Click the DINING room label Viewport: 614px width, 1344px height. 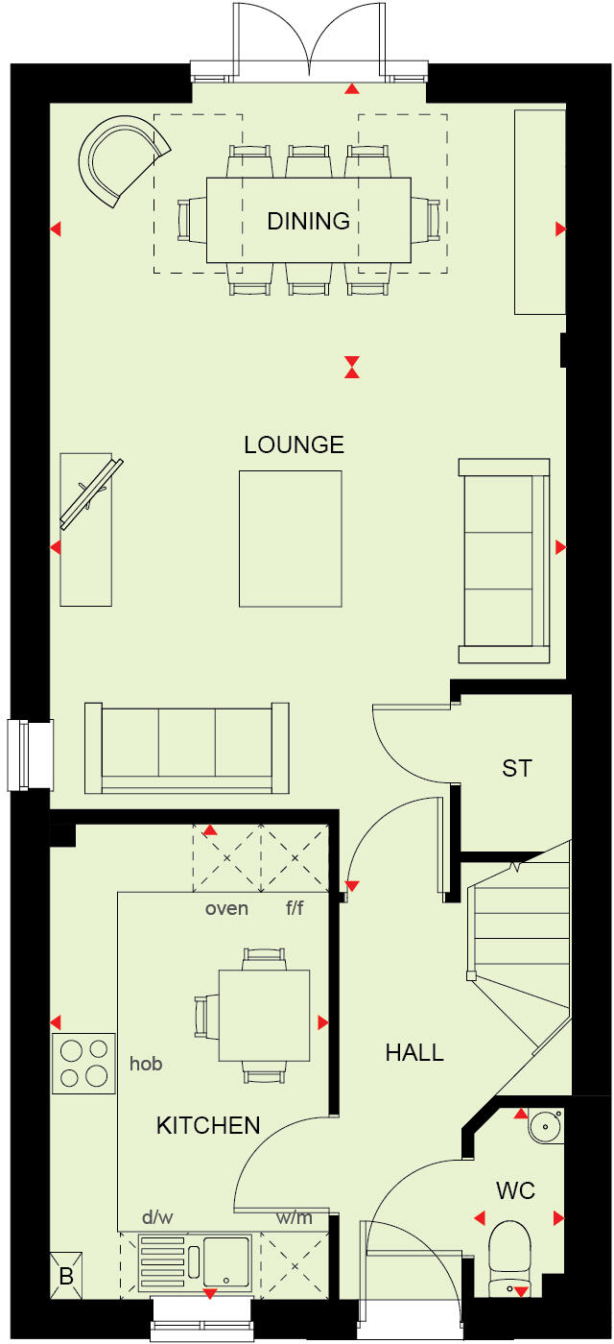[x=308, y=222]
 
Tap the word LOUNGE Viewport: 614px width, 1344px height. [x=294, y=444]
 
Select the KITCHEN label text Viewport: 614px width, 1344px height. [x=208, y=1125]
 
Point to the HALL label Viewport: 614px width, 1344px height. [x=414, y=1052]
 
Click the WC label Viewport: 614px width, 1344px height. [x=515, y=1191]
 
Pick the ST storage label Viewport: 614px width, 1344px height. [x=516, y=768]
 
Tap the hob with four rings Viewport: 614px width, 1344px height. [x=83, y=1063]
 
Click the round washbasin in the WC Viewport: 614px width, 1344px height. [x=542, y=1125]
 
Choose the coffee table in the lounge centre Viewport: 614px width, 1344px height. [x=290, y=539]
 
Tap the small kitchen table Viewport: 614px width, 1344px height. [x=264, y=1015]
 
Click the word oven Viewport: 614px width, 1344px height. [x=226, y=908]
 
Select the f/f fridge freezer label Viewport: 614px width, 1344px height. [x=294, y=908]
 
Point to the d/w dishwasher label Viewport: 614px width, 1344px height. [x=157, y=1218]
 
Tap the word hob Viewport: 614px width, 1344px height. [x=146, y=1063]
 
